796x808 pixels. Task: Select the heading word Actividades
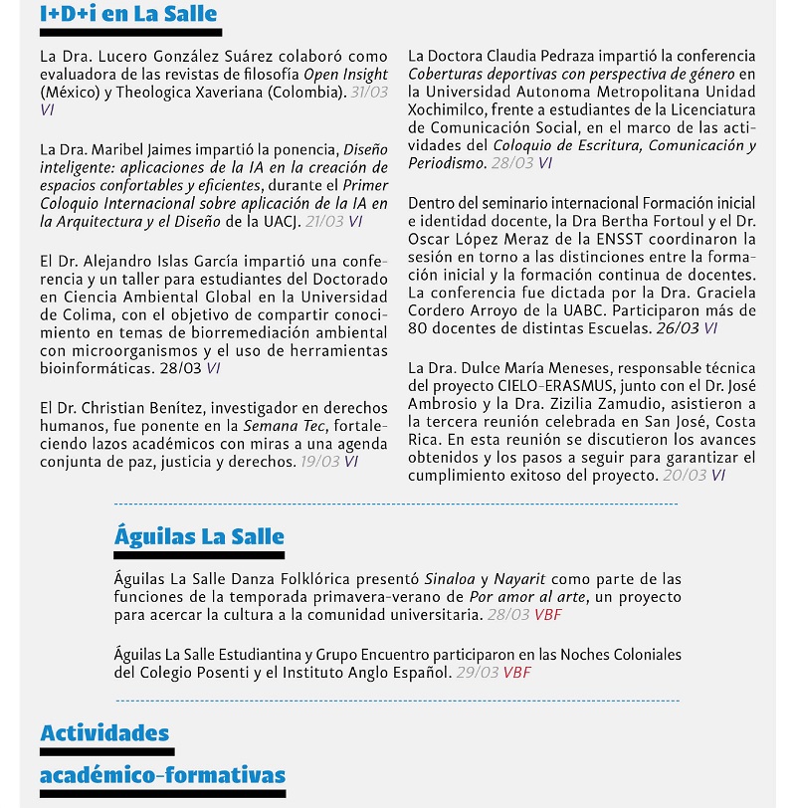point(104,733)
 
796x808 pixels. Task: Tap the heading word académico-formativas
point(162,775)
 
